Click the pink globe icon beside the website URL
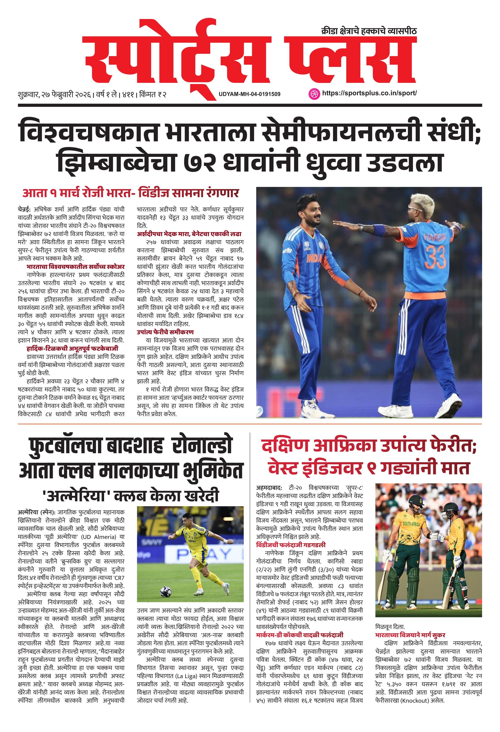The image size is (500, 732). (313, 94)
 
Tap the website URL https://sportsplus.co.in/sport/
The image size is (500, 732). (369, 93)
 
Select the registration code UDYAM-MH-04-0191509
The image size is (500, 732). (249, 94)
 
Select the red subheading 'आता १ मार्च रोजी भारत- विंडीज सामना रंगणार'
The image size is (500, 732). (130, 193)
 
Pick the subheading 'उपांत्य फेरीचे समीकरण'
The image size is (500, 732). (165, 332)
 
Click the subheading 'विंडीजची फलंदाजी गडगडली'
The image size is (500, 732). (290, 545)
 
